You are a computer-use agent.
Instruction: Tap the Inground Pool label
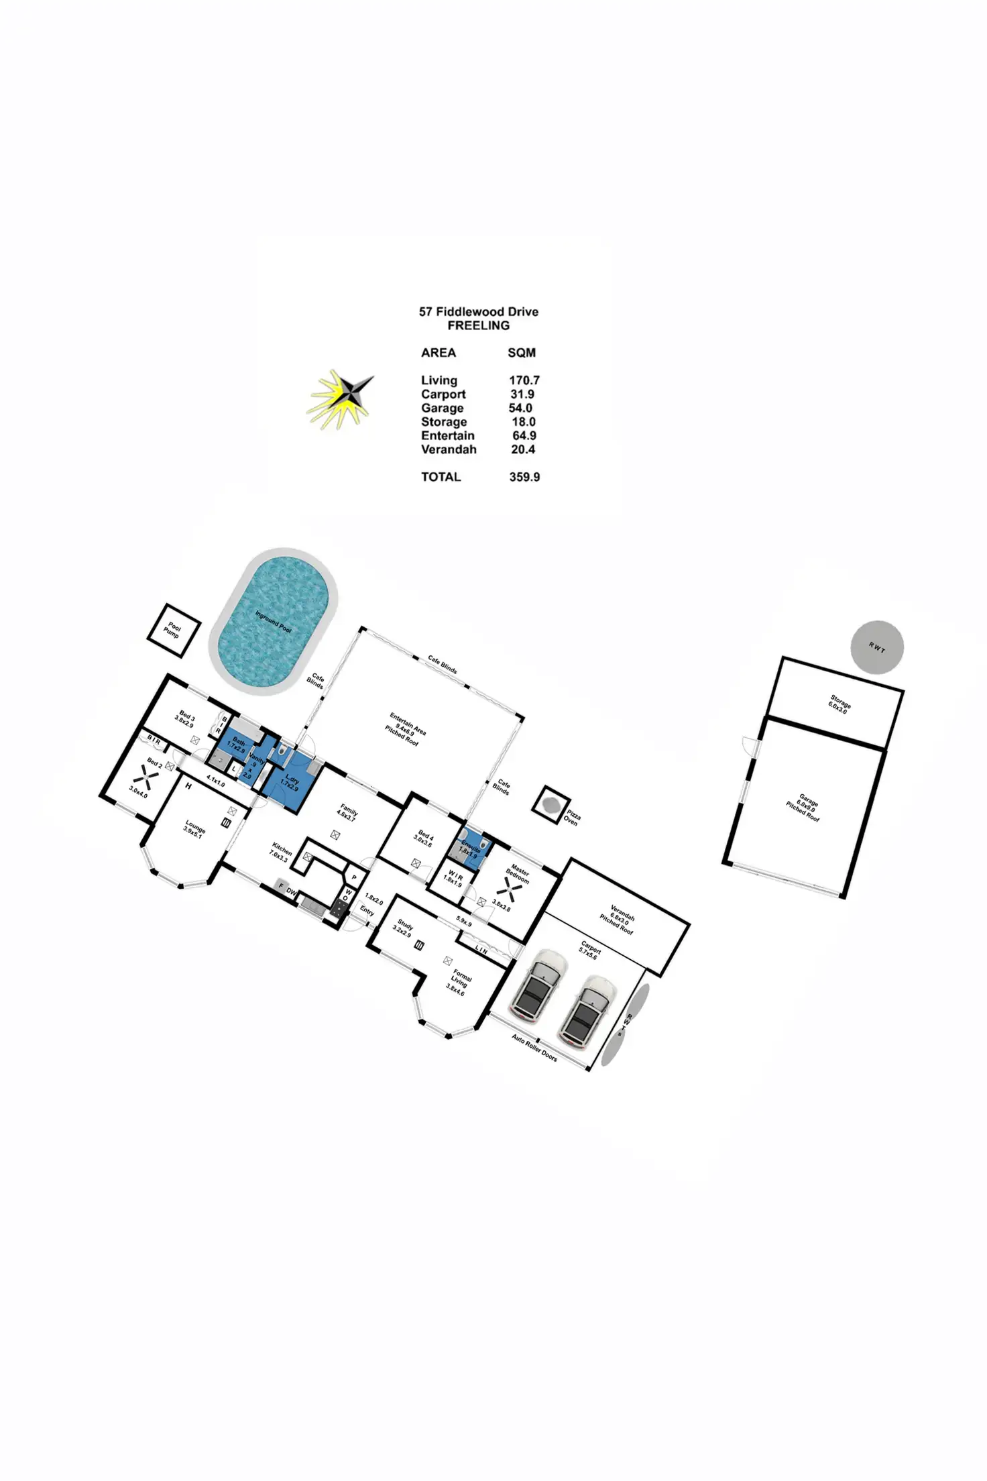click(273, 621)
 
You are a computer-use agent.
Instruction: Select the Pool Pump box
click(173, 630)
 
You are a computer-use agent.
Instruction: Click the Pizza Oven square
click(551, 804)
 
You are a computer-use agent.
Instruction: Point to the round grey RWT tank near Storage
click(877, 647)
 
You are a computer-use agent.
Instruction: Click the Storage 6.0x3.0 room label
click(839, 705)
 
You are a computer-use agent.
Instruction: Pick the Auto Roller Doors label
click(534, 1048)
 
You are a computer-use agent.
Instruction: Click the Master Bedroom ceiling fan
click(513, 891)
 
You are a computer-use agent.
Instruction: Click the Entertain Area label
click(406, 729)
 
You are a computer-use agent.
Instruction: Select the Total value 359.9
click(524, 477)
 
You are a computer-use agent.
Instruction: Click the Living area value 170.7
click(524, 380)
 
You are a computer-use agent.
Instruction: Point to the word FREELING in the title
click(478, 326)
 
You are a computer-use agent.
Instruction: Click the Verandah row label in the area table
click(449, 449)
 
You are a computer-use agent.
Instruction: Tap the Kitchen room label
click(280, 852)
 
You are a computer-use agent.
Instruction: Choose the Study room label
click(404, 928)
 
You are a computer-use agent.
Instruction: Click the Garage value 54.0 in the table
click(520, 408)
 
